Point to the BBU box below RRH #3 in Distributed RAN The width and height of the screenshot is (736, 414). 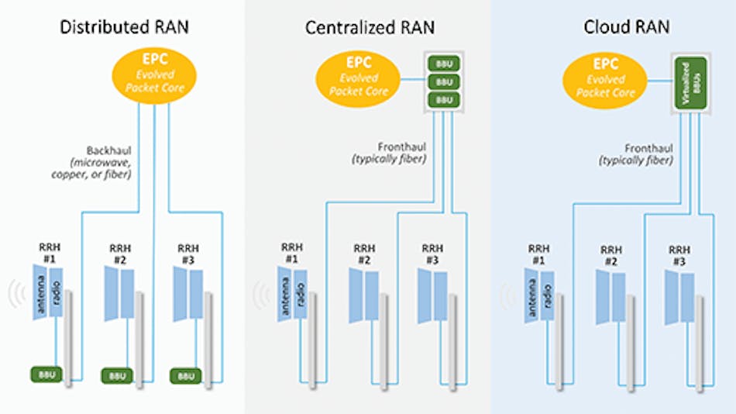[185, 375]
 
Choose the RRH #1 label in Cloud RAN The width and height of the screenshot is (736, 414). [538, 254]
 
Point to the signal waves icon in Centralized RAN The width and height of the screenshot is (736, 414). [261, 295]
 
